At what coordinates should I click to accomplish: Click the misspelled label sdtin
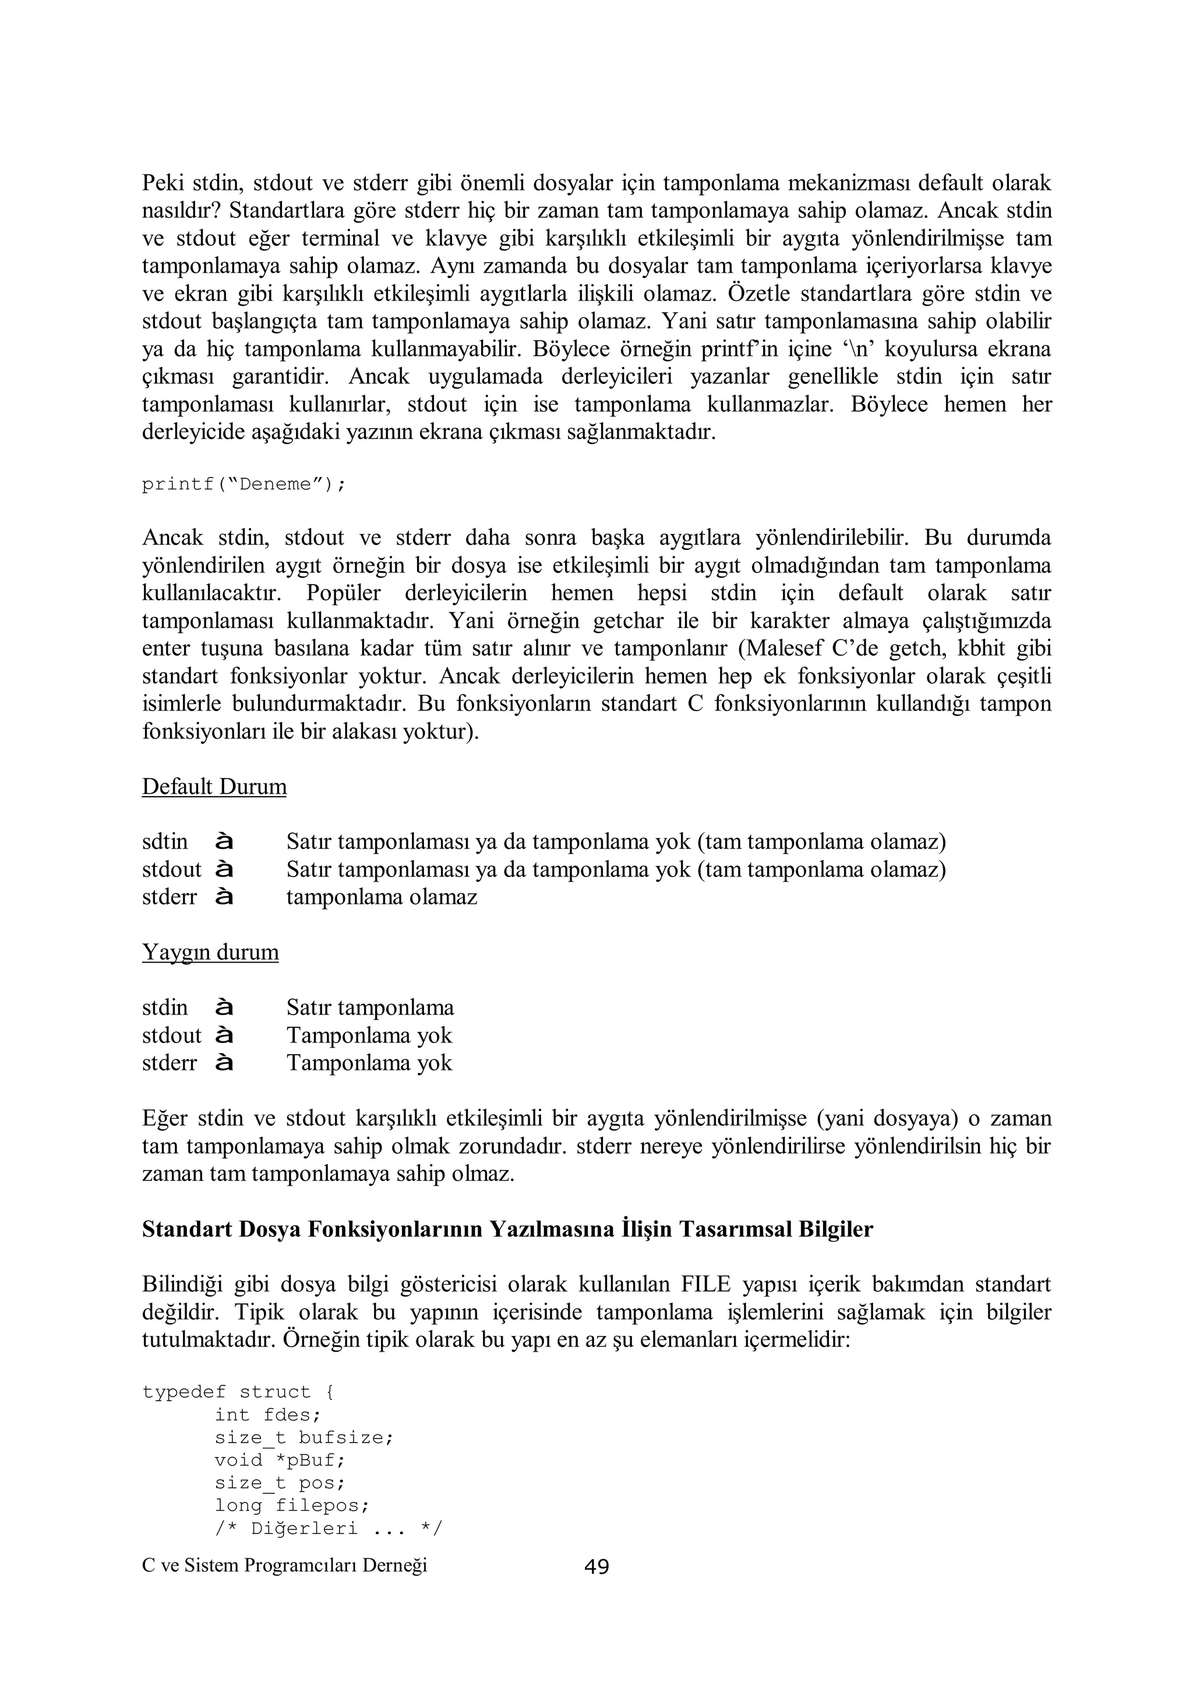coord(164,842)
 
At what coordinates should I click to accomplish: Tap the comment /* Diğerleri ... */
coord(329,1529)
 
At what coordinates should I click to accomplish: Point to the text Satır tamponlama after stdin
coord(370,1008)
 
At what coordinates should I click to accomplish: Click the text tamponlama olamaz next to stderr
coord(382,897)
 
